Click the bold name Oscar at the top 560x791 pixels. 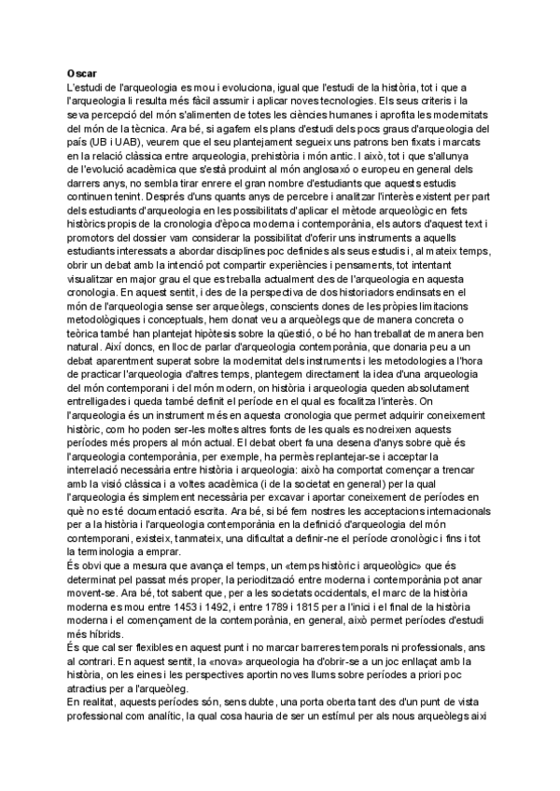(x=83, y=72)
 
